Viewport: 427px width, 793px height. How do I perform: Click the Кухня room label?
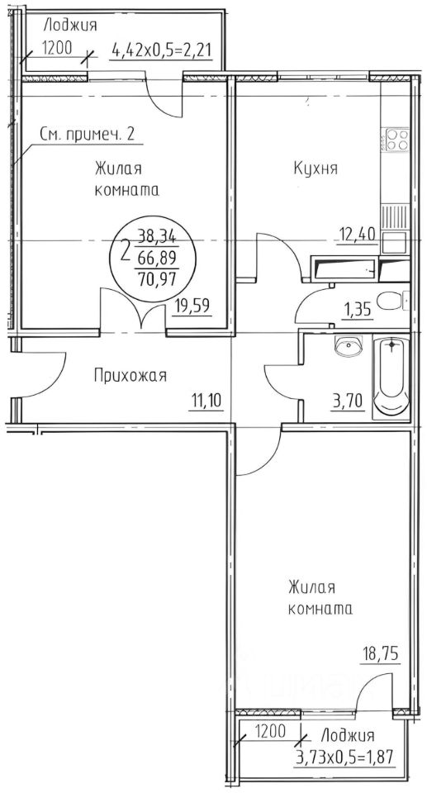[x=316, y=169]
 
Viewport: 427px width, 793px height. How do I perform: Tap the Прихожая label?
[x=129, y=376]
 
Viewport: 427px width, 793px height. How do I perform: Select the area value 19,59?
[x=191, y=311]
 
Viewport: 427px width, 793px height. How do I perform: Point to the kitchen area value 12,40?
[x=358, y=234]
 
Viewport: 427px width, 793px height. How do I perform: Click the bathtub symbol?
[x=391, y=379]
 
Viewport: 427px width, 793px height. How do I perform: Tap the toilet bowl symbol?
[x=388, y=300]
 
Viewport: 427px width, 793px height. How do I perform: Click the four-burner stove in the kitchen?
[x=395, y=139]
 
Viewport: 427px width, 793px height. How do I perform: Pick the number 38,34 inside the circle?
[x=155, y=234]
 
